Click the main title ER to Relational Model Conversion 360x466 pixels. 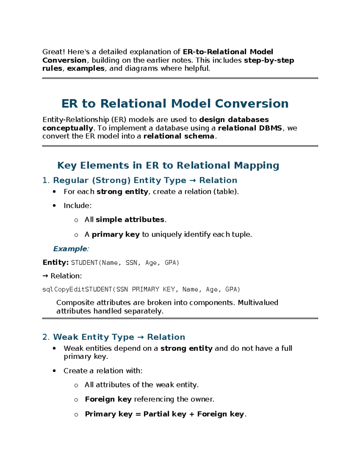pos(175,104)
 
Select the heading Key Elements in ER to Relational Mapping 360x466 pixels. pos(168,165)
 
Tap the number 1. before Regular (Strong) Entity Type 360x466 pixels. pos(46,180)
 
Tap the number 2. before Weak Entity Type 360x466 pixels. pos(46,337)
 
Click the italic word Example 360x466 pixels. pos(70,249)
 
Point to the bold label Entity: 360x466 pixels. pos(55,263)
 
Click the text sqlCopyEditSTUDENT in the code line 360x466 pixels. pos(77,290)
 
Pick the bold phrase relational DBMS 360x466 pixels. pos(250,128)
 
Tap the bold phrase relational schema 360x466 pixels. pos(179,136)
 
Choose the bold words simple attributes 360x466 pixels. pos(130,220)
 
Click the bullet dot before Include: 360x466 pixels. pos(54,206)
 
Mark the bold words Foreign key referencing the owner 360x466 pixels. pos(108,399)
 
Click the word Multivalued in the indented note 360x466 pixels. pos(258,302)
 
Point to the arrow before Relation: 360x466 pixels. pos(45,276)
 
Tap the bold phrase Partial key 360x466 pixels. pos(165,414)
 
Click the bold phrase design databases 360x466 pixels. pos(234,120)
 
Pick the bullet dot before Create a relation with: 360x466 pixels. pos(54,371)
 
